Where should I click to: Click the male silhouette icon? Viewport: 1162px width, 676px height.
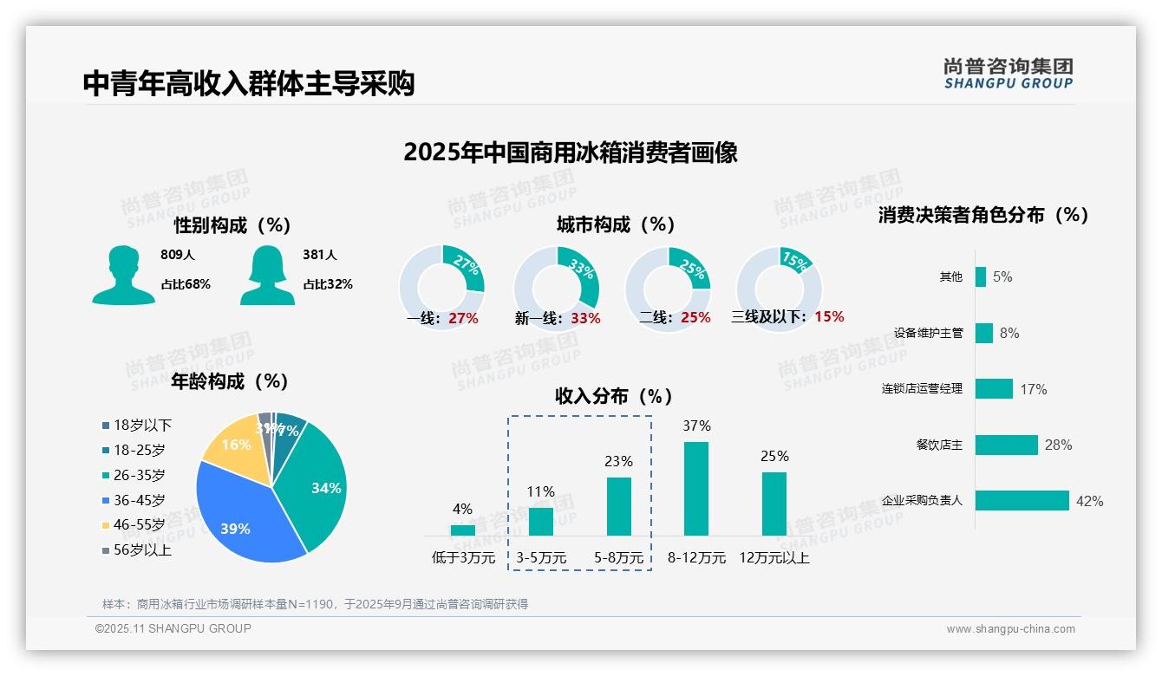click(123, 275)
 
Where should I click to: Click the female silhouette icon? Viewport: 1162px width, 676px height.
click(267, 275)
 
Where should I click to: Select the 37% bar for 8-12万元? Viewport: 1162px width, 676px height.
click(696, 489)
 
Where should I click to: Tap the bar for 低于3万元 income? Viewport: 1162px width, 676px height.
click(463, 530)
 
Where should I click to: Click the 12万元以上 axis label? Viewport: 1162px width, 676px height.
click(774, 558)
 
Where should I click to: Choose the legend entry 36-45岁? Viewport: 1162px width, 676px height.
click(139, 500)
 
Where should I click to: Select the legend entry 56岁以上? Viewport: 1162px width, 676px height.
click(142, 550)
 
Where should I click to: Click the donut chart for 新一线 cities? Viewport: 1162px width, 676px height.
click(556, 289)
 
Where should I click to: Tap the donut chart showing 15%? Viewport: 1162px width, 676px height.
click(778, 289)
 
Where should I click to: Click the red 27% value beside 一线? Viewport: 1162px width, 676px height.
click(463, 318)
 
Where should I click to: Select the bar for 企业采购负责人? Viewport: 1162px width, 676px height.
click(1022, 500)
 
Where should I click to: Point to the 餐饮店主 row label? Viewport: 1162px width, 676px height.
click(939, 445)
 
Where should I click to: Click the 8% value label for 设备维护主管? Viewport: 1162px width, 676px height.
click(1009, 333)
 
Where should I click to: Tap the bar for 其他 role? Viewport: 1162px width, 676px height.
click(981, 276)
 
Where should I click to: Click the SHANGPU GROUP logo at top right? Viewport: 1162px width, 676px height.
click(1008, 74)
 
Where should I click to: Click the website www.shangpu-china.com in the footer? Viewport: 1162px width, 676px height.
click(1010, 629)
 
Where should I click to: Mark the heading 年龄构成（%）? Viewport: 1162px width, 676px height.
click(230, 381)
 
